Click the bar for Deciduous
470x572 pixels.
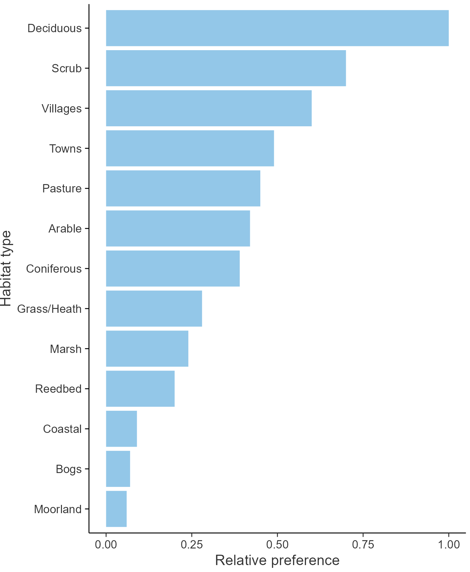point(277,28)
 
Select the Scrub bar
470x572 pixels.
point(226,68)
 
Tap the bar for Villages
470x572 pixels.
point(209,108)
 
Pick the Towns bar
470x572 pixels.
point(190,148)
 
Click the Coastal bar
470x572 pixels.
point(121,429)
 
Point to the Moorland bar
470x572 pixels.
point(116,509)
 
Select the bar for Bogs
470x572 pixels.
point(118,469)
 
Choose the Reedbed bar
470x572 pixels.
point(140,389)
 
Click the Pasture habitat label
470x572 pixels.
point(62,188)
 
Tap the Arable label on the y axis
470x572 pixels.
point(65,228)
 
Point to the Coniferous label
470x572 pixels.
point(54,269)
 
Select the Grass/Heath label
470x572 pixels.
point(49,309)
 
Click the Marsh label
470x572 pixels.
point(66,349)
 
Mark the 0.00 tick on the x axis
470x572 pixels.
point(106,544)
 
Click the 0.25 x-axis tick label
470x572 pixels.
point(191,544)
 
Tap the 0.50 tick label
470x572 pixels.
point(277,544)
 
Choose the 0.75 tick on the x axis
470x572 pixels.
point(363,544)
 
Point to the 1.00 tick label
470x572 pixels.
point(449,544)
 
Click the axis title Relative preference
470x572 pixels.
point(277,560)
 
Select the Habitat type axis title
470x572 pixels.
point(6,269)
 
